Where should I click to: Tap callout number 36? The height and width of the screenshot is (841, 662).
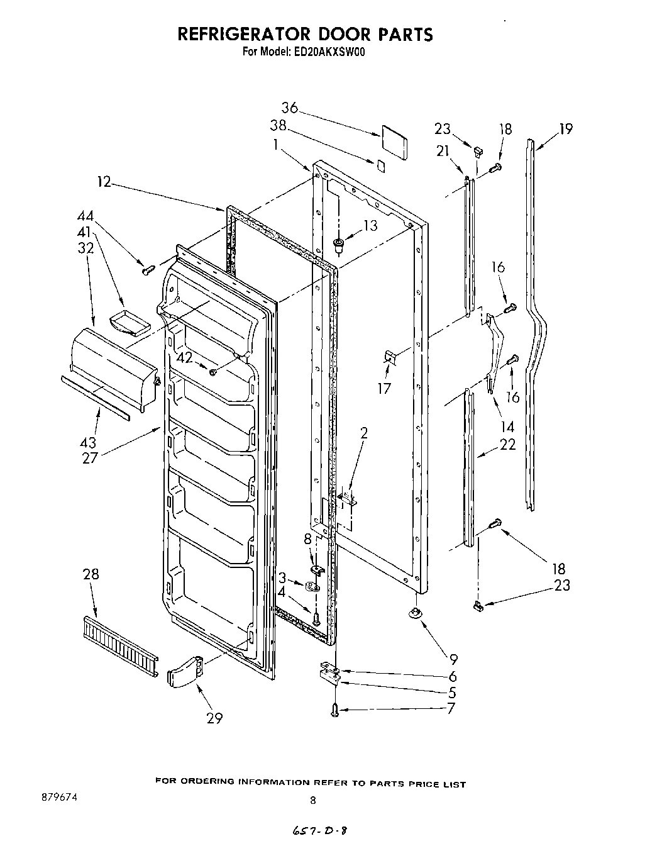click(x=289, y=108)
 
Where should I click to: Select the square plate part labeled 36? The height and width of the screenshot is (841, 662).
click(x=394, y=143)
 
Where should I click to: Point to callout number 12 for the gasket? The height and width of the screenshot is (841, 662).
click(x=104, y=182)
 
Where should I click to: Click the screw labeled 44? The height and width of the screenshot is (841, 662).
click(x=149, y=269)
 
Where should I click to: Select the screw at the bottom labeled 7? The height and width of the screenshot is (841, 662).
click(x=334, y=710)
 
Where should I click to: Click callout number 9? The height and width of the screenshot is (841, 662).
click(x=453, y=659)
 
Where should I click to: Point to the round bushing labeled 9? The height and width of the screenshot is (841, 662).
click(x=415, y=612)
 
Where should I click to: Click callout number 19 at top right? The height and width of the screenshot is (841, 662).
click(x=566, y=129)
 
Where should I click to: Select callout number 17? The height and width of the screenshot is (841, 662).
click(x=383, y=388)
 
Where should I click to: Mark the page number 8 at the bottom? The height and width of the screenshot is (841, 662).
click(x=312, y=801)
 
